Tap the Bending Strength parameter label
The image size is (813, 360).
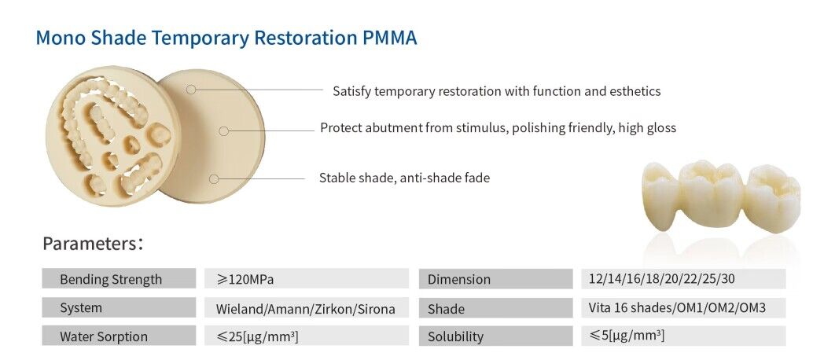click(x=111, y=279)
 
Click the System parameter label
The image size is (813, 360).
click(x=81, y=308)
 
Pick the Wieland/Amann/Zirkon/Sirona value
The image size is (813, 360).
click(x=305, y=308)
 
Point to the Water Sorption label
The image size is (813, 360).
click(x=103, y=336)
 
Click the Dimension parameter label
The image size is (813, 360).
click(x=459, y=279)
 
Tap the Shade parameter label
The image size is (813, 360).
click(x=446, y=308)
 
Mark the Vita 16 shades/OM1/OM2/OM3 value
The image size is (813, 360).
click(x=676, y=307)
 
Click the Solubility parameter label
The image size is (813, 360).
click(x=455, y=336)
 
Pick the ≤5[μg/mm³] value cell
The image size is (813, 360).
click(x=627, y=336)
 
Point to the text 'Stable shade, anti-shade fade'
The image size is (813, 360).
click(x=404, y=178)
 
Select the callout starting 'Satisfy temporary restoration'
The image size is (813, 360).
click(x=496, y=91)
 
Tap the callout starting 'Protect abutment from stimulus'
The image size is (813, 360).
click(x=498, y=128)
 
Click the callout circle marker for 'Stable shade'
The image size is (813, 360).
click(x=214, y=179)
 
